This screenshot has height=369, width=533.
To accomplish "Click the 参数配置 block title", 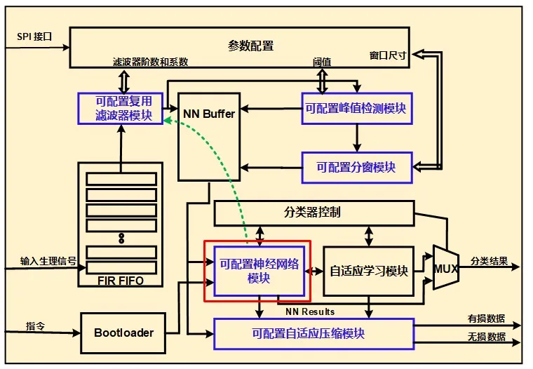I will pos(250,46).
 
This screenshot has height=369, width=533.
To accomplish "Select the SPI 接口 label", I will pos(34,35).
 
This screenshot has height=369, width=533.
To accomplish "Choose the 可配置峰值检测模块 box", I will pos(356,109).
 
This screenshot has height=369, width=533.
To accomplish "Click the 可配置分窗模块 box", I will pos(356,168).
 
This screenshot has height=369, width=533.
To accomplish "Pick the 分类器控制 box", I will pos(313,212).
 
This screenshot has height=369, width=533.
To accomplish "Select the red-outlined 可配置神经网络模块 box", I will pos(254,271).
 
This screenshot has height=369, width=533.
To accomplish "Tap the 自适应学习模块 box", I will pos(368,271).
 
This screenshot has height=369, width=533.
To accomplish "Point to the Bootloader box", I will pos(123,333).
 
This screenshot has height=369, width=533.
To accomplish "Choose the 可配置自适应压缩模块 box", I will pos(313,333).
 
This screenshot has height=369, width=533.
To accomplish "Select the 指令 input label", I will pos(35,326).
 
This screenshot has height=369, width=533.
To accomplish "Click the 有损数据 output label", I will pos(487,318).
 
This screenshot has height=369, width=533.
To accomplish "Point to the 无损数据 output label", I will pos(487,337).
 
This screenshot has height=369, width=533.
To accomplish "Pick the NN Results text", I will pos(310,311).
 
